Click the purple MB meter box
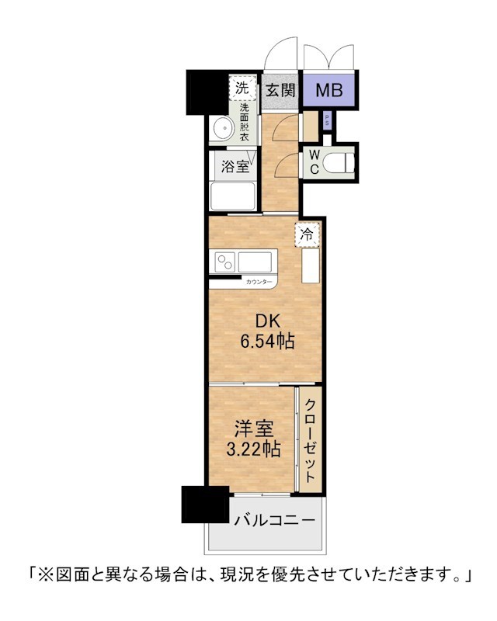[x=329, y=90]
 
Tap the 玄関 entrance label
[x=280, y=90]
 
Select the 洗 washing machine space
[x=242, y=88]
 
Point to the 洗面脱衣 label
[x=244, y=122]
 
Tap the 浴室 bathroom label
[x=235, y=166]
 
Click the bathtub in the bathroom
[x=233, y=196]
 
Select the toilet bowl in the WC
[x=338, y=162]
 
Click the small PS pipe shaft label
[x=327, y=120]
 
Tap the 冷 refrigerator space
[x=307, y=234]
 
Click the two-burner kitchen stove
[x=224, y=262]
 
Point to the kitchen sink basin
[x=255, y=262]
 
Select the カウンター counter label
[x=259, y=282]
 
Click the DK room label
[x=268, y=321]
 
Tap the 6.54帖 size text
[x=267, y=341]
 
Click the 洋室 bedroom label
[x=254, y=429]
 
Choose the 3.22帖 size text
[x=254, y=449]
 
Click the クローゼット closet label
[x=311, y=439]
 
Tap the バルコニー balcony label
[x=275, y=519]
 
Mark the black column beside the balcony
[x=205, y=505]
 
